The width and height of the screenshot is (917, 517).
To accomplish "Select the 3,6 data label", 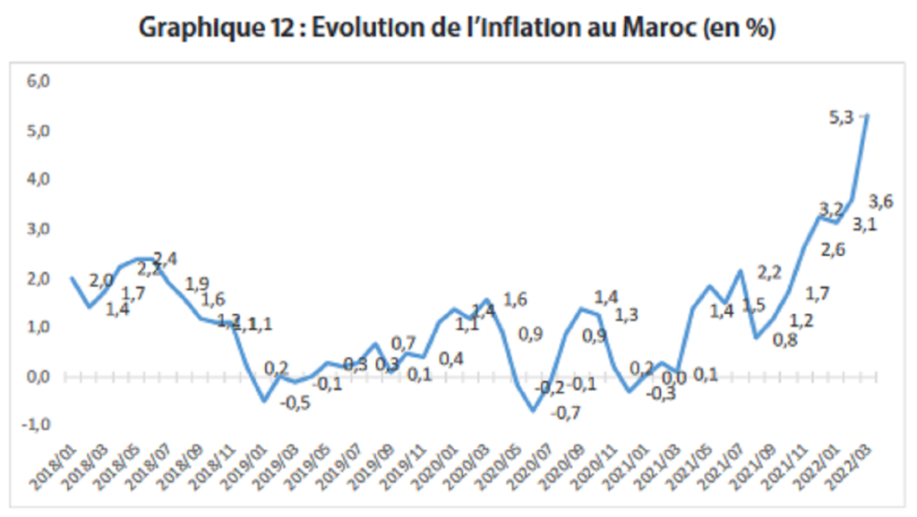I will click(x=881, y=201).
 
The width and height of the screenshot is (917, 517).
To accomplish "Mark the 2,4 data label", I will click(x=166, y=258).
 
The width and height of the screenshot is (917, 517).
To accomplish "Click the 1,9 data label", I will click(x=197, y=284).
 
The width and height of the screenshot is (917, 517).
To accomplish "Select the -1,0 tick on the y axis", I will click(x=39, y=425).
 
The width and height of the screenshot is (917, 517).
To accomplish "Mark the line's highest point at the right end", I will click(x=867, y=115).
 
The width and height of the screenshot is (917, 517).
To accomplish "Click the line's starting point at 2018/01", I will click(x=72, y=277).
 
